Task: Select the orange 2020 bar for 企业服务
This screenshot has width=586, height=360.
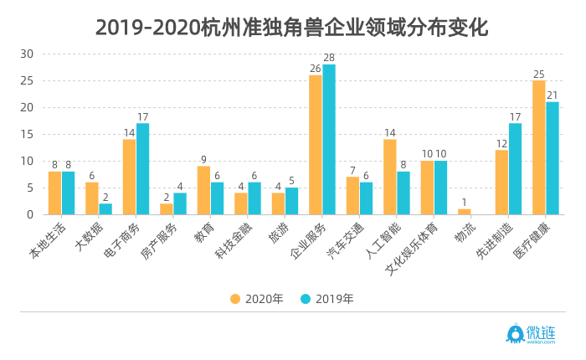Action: point(316,145)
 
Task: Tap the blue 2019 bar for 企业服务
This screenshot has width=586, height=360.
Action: point(329,139)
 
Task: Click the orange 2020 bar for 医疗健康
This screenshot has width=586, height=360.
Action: point(539,147)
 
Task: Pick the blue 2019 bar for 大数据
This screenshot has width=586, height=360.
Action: point(105,208)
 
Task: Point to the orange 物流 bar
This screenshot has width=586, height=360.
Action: point(465,211)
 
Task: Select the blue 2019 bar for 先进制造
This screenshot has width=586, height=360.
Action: point(515,169)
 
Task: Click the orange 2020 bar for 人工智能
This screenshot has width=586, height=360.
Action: point(390,177)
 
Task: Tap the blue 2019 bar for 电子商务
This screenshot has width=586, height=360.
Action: point(143,169)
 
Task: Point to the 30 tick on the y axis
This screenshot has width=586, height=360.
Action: point(27,54)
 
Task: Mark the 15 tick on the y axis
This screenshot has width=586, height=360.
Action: point(27,134)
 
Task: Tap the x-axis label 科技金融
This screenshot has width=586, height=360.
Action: point(234,244)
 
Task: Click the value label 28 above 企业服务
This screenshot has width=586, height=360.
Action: point(329,58)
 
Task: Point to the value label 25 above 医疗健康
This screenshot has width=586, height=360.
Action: point(539,74)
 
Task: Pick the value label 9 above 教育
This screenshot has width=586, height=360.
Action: point(203,159)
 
